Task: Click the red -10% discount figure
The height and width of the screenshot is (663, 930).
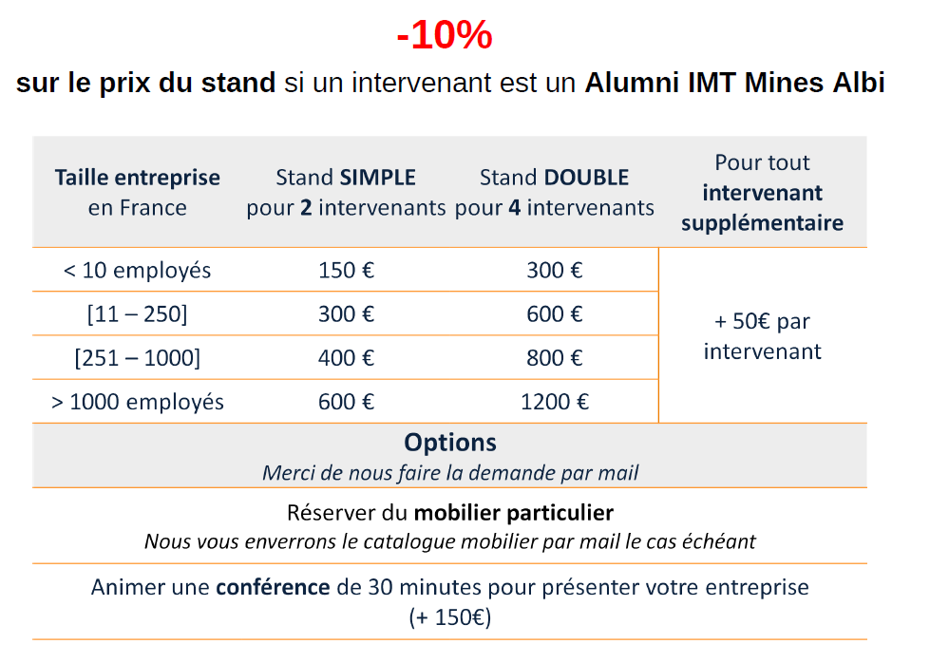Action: coord(445,34)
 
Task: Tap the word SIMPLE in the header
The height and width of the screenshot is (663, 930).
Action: coord(378,178)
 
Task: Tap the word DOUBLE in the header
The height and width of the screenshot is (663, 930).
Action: coord(586,178)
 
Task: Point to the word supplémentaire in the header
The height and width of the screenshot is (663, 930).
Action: coord(762,223)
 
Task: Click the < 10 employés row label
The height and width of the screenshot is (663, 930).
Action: coord(137,271)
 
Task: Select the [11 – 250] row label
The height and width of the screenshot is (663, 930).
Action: coord(137,313)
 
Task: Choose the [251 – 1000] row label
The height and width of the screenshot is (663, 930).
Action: coord(137,357)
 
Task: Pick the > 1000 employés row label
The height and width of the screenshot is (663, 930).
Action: coord(137,402)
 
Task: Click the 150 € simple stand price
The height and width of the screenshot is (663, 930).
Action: coord(347,271)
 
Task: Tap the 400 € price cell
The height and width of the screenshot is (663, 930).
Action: coord(347,357)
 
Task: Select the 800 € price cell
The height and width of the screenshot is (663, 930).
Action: coord(555,357)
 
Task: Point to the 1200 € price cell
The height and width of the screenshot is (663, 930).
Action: coord(555,402)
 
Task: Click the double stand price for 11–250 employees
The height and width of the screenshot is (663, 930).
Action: coord(555,313)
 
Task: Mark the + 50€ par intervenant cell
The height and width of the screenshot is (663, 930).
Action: coord(762,336)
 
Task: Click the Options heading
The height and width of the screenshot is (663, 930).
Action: coord(450,443)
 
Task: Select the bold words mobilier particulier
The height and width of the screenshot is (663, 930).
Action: coord(514,513)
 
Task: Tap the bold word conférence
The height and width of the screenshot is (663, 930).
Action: coord(273,587)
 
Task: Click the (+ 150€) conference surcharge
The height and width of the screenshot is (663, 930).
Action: coord(450,617)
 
